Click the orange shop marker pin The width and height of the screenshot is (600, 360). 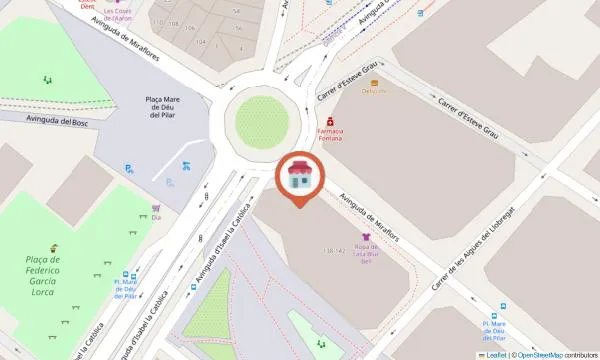pyautogui.click(x=298, y=178)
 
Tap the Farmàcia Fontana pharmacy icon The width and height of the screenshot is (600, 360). pyautogui.click(x=330, y=122)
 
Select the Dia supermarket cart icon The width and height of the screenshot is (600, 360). pyautogui.click(x=156, y=209)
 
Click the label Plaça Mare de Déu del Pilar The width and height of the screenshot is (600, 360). pyautogui.click(x=163, y=107)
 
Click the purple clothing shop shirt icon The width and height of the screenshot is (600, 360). pyautogui.click(x=365, y=237)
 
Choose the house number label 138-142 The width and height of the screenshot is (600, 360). pyautogui.click(x=334, y=250)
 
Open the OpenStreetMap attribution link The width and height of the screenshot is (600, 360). pyautogui.click(x=539, y=355)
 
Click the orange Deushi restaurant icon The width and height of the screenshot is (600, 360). pyautogui.click(x=375, y=83)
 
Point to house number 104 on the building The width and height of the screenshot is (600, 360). pyautogui.click(x=201, y=42)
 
